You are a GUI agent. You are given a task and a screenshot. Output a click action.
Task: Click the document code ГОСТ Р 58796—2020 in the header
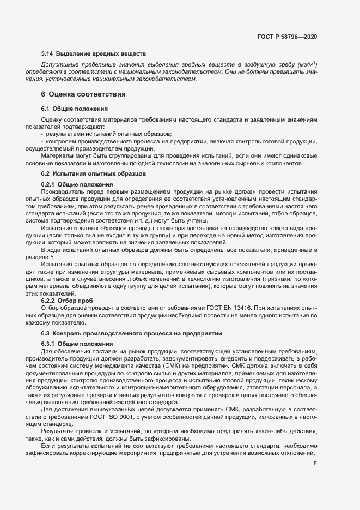[287, 37]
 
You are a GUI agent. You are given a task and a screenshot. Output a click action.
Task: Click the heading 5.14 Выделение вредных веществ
[94, 53]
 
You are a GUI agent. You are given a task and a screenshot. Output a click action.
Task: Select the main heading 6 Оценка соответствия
[83, 94]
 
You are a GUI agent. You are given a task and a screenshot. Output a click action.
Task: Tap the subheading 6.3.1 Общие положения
[77, 344]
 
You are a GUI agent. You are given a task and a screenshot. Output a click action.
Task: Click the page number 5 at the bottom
[315, 464]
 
